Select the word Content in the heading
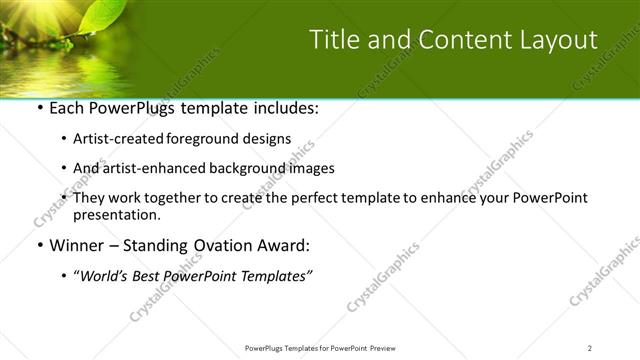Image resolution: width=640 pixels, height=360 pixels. click(450, 40)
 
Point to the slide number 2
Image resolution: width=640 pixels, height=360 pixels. click(590, 347)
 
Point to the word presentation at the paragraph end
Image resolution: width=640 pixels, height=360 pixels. click(116, 214)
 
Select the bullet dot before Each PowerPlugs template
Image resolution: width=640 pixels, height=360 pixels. click(39, 108)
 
